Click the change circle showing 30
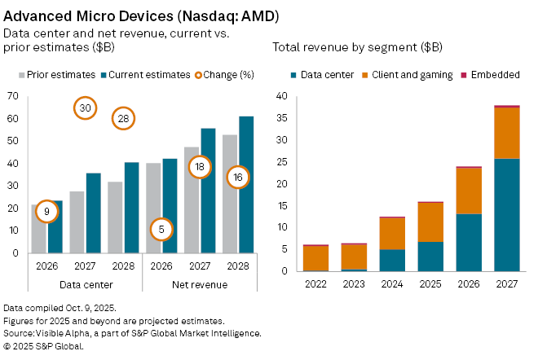pos(86,108)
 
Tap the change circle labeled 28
pos(123,118)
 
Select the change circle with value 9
pos(47,212)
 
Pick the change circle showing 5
pos(162,230)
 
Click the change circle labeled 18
pos(200,167)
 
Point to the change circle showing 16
pos(237,177)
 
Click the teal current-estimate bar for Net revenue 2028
pos(245,184)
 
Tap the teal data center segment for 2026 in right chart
pos(469,242)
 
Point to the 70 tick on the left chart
pos(11,96)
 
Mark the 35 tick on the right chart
pos(282,118)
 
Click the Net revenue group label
pos(199,284)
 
